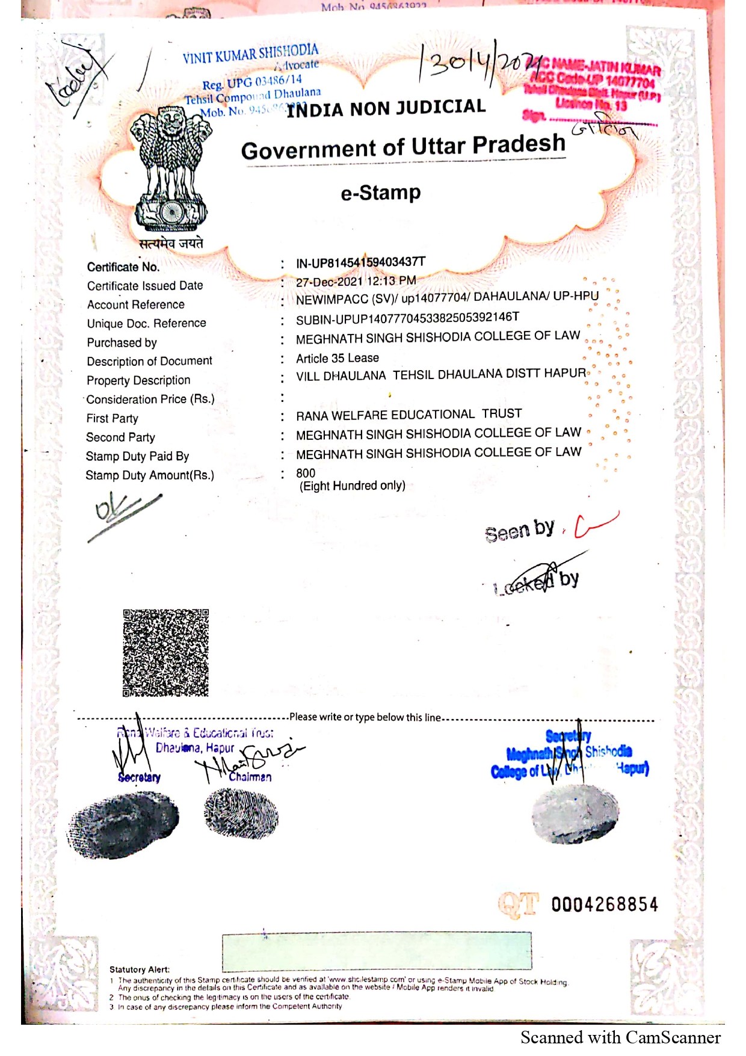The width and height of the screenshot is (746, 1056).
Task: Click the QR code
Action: pyautogui.click(x=165, y=653)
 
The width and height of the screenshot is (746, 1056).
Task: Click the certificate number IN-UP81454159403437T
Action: pyautogui.click(x=360, y=262)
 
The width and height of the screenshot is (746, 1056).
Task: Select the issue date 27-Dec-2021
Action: pyautogui.click(x=328, y=282)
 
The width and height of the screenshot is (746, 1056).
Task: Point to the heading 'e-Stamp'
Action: pyautogui.click(x=381, y=193)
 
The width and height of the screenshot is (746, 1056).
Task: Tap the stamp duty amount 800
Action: pyautogui.click(x=306, y=473)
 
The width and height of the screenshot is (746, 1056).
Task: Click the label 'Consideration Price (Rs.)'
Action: pyautogui.click(x=150, y=399)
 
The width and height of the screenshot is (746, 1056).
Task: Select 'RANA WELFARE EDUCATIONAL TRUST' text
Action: pyautogui.click(x=408, y=415)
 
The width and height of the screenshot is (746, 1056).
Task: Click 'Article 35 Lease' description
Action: pyautogui.click(x=338, y=359)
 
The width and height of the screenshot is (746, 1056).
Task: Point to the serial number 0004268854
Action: pyautogui.click(x=604, y=904)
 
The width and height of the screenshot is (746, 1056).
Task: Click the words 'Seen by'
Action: pyautogui.click(x=519, y=531)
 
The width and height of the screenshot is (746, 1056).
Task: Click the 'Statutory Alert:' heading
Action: pyautogui.click(x=140, y=969)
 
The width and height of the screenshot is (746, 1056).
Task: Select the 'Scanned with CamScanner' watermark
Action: pyautogui.click(x=620, y=1037)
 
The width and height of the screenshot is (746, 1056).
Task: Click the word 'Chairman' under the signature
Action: pyautogui.click(x=250, y=777)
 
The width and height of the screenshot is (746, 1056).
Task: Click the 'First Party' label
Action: pyautogui.click(x=113, y=418)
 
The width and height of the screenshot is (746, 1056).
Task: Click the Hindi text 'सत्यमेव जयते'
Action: pyautogui.click(x=171, y=244)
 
